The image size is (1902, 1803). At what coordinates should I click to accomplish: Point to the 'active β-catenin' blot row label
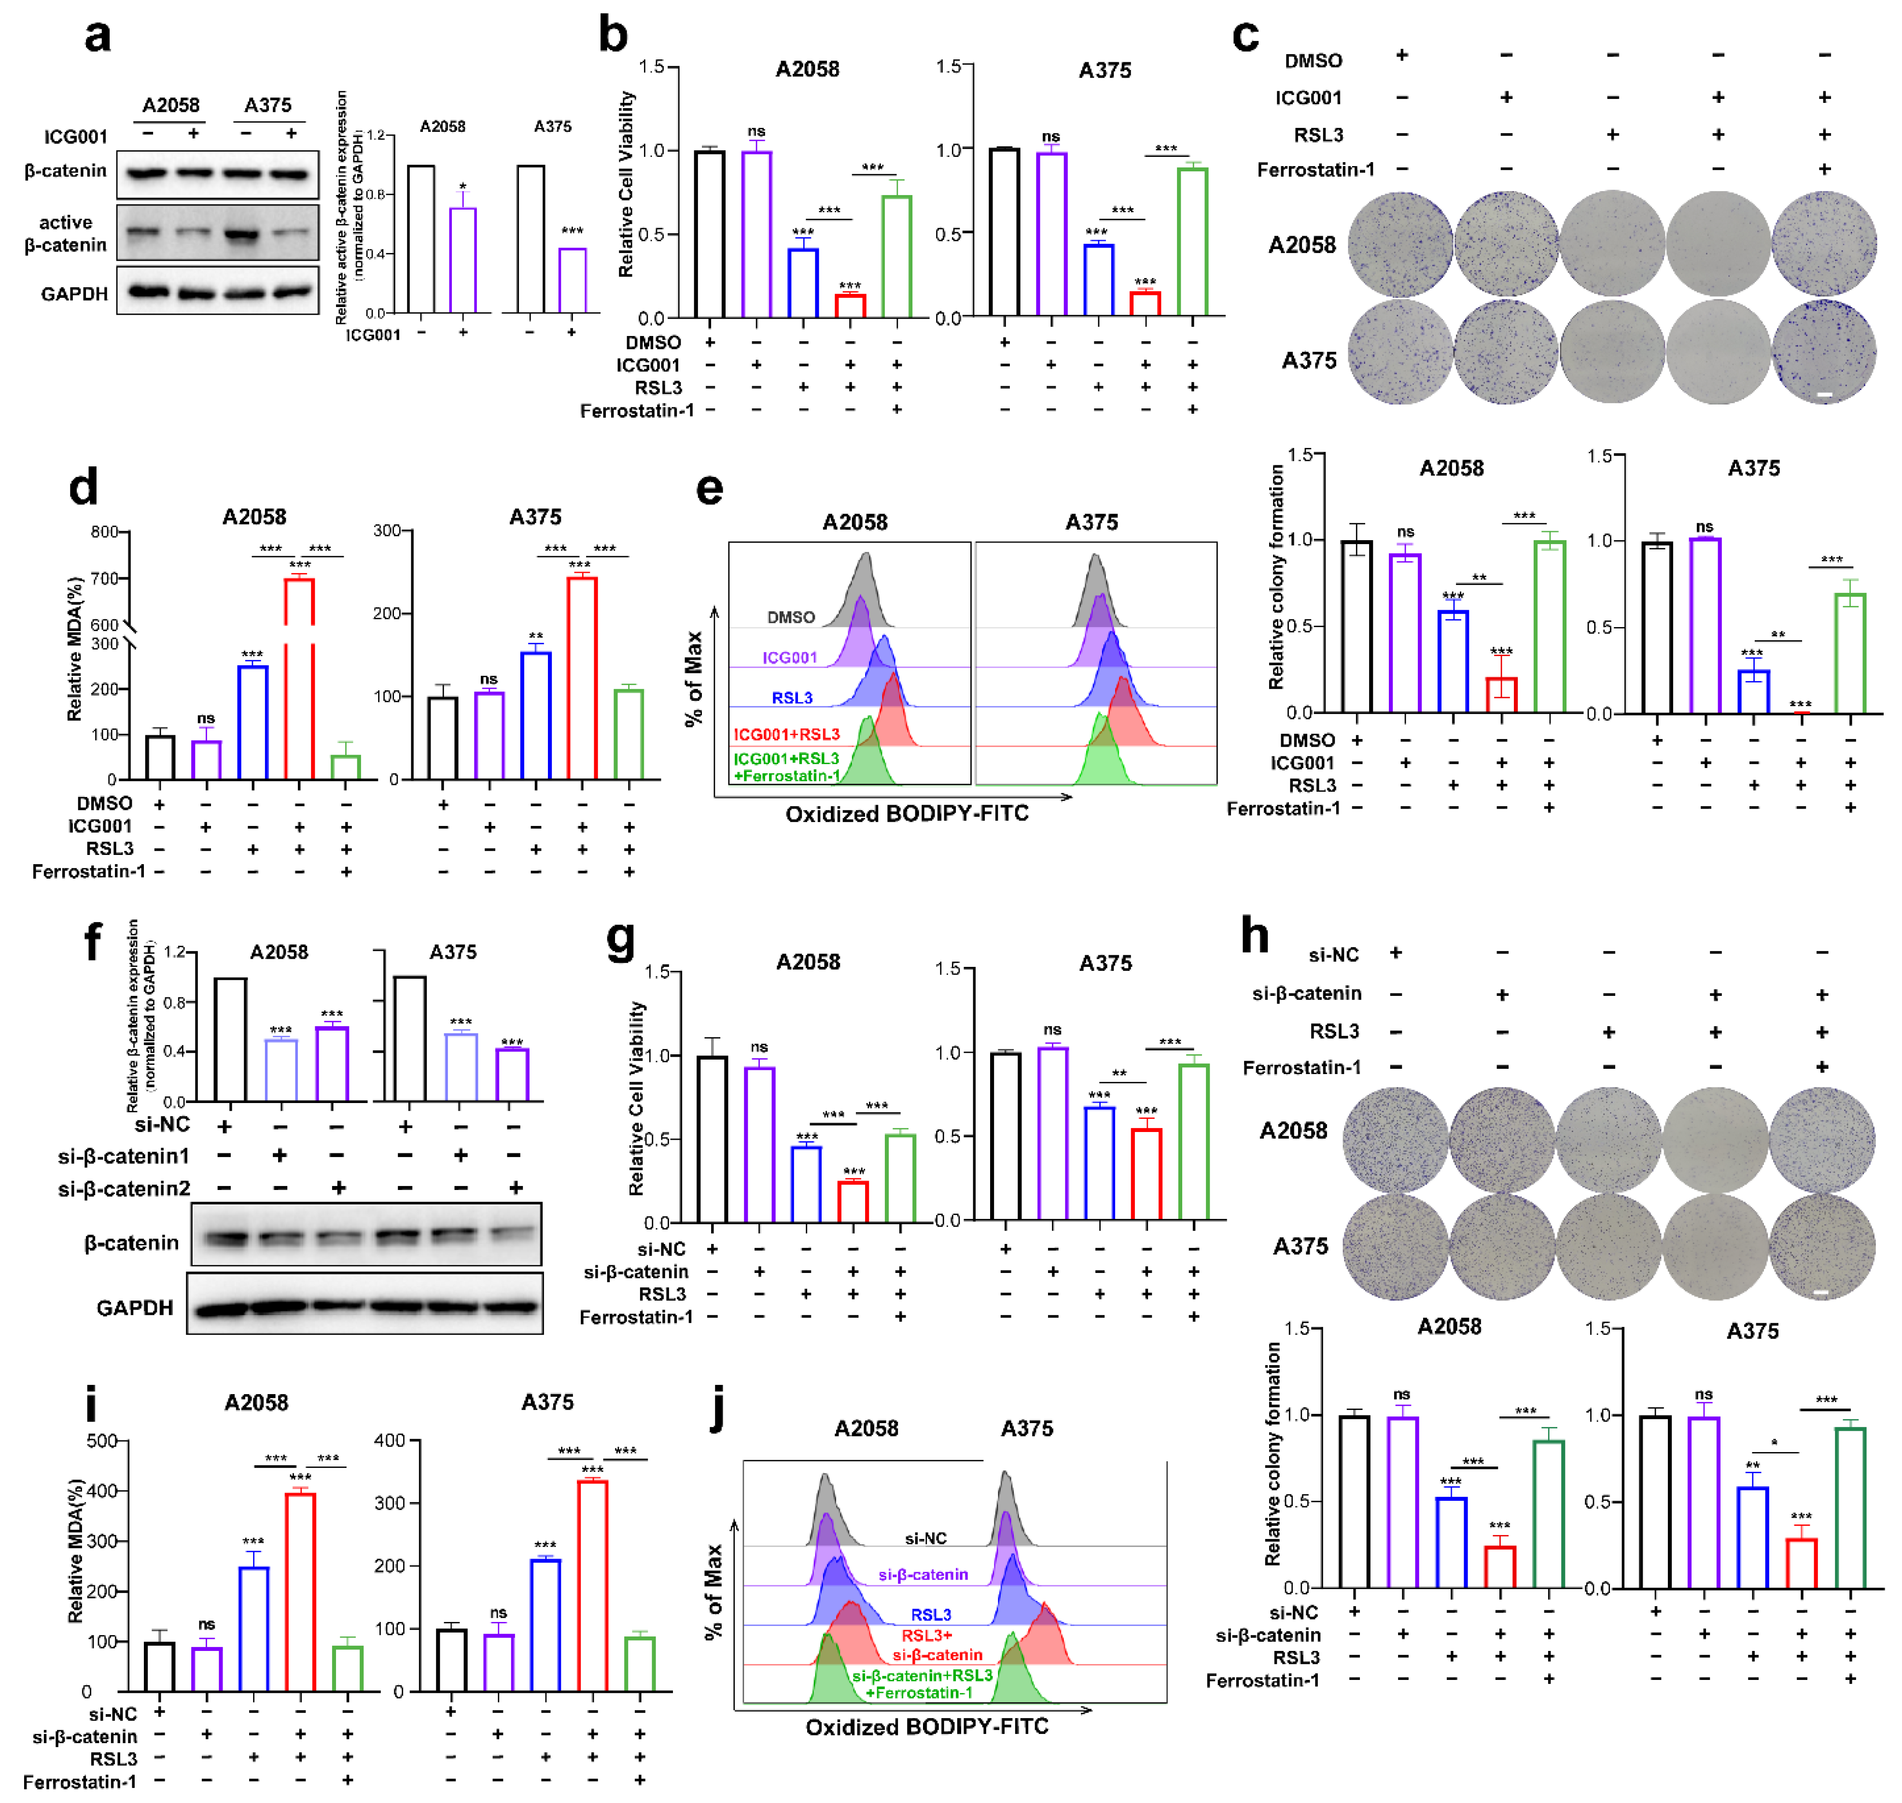pyautogui.click(x=65, y=234)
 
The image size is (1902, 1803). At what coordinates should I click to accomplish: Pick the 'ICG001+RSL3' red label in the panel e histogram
pyautogui.click(x=786, y=734)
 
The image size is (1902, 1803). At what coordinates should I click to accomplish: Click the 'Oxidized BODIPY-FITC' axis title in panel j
pyautogui.click(x=926, y=1727)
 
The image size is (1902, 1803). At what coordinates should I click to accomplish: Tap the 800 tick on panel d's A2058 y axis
pyautogui.click(x=105, y=531)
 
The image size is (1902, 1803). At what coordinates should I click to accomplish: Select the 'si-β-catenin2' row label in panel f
pyautogui.click(x=124, y=1189)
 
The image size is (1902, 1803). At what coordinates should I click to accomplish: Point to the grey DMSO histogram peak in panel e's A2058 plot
pyautogui.click(x=866, y=588)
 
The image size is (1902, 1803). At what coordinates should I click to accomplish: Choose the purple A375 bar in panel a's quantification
pyautogui.click(x=573, y=280)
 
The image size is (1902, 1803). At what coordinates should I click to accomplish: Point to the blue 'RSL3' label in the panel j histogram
pyautogui.click(x=930, y=1615)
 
